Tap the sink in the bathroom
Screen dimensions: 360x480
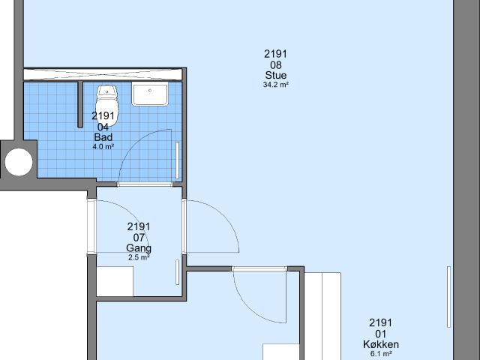151,94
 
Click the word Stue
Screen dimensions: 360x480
275,76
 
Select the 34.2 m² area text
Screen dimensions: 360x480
275,85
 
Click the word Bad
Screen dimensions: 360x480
103,137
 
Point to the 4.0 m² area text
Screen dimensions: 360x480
103,146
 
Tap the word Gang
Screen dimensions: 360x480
139,248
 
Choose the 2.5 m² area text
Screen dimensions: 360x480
139,257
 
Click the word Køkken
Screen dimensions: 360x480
380,345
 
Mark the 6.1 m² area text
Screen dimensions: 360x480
380,353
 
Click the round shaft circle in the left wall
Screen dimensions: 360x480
19,160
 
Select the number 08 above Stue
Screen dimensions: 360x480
275,65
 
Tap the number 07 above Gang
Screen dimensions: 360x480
139,238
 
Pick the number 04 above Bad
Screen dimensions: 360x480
103,127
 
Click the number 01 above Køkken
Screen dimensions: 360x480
380,334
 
